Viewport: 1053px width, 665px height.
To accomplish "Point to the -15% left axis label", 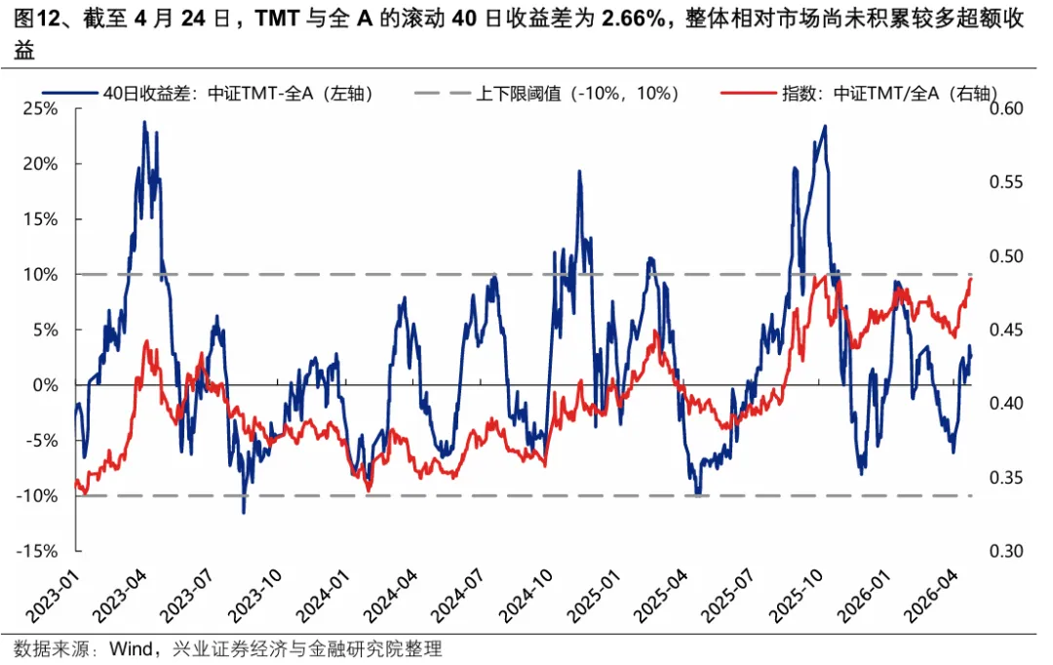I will [x=38, y=551].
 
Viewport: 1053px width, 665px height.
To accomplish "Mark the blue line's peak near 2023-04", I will [x=144, y=122].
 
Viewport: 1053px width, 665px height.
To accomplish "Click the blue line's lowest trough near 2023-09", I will [x=244, y=512].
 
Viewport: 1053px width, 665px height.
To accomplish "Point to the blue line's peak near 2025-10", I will [x=825, y=126].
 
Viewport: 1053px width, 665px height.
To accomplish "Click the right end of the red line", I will [x=971, y=278].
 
